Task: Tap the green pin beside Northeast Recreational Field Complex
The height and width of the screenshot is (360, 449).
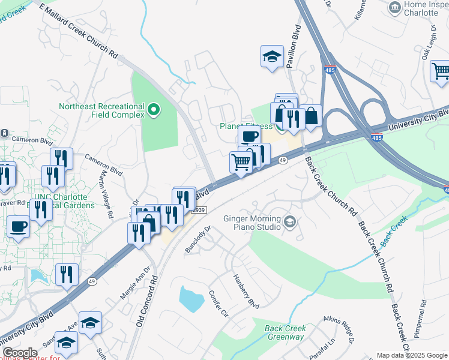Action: [x=154, y=109]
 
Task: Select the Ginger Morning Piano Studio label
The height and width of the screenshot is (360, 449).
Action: [x=252, y=223]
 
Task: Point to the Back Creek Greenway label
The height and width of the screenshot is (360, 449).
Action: [x=285, y=332]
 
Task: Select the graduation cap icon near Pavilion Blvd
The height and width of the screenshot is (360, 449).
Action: [x=272, y=57]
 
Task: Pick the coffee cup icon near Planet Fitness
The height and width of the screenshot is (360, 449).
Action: [x=249, y=136]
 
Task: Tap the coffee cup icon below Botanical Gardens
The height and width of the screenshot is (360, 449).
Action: [x=18, y=226]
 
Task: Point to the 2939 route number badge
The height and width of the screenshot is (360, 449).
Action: [x=199, y=209]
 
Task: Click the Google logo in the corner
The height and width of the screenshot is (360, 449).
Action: [x=19, y=353]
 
